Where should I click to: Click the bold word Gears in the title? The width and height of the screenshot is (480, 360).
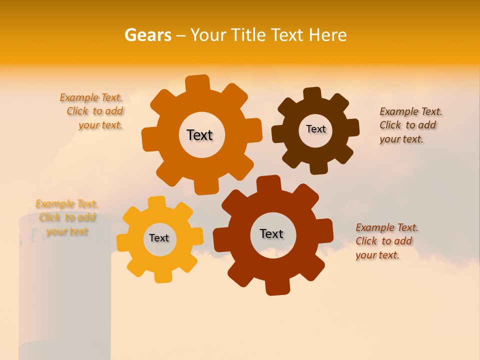147,35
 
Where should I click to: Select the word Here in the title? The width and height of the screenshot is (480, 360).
327,35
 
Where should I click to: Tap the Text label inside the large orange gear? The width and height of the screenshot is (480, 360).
199,135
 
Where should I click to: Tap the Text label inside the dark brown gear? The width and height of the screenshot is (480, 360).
315,129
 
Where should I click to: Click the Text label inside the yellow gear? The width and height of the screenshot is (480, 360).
159,238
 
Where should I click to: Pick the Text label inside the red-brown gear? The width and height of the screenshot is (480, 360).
271,233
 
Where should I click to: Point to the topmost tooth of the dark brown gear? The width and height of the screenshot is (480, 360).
312,94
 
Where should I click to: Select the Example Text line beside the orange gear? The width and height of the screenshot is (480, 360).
91,97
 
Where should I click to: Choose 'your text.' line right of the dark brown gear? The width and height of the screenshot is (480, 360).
401,139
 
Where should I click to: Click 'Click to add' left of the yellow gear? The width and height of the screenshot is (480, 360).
67,217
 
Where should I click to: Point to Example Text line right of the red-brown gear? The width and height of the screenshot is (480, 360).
387,227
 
